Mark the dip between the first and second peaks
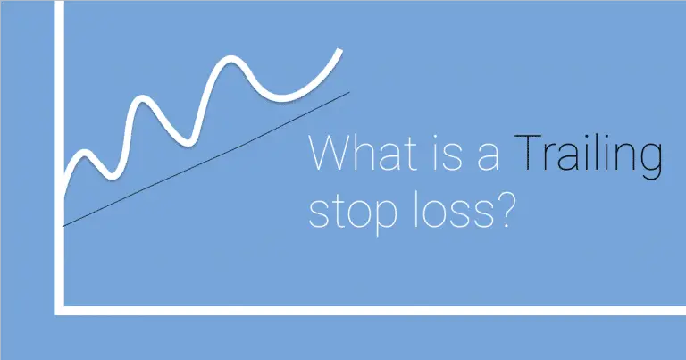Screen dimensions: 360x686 click(111, 171)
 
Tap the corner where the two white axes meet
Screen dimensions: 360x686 click(59, 309)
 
